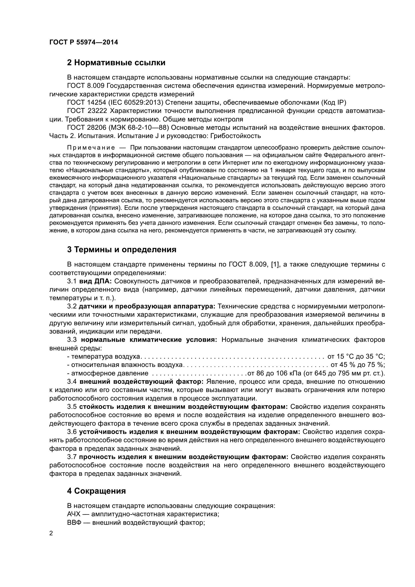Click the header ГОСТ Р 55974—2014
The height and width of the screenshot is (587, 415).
point(84,42)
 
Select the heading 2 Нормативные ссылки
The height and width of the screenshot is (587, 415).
point(116,63)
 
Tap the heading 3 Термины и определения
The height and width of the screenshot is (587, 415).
point(122,249)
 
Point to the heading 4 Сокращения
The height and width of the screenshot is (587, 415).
point(96,491)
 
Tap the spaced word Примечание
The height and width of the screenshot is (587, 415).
point(91,148)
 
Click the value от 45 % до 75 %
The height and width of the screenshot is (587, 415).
point(358,365)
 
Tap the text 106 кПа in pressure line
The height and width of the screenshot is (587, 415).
point(289,373)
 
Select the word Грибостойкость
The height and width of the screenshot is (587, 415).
point(235,136)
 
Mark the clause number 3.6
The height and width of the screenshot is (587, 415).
point(72,432)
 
